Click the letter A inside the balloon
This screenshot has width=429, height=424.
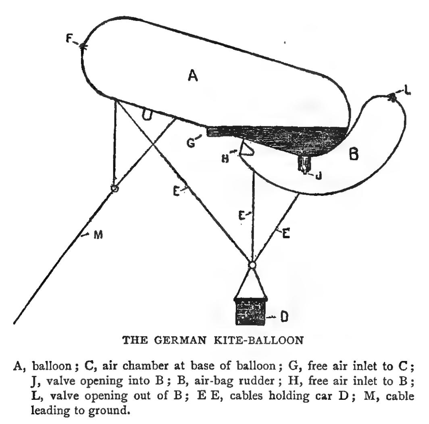click(x=193, y=76)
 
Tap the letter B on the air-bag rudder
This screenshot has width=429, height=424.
click(x=353, y=154)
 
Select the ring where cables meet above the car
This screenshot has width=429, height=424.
click(x=252, y=265)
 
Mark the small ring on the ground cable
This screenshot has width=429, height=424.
click(x=115, y=189)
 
